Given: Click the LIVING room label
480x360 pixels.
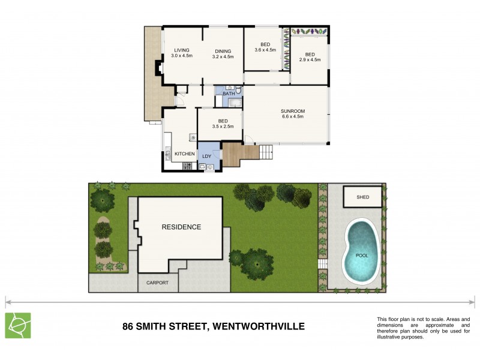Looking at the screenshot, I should pos(181,50).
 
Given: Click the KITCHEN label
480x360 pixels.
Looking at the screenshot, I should pos(184,154).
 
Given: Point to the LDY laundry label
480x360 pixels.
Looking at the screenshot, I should pos(206,157).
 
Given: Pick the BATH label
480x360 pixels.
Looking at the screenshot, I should pos(229,94).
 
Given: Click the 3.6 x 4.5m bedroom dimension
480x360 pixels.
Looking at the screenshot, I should pos(265,50).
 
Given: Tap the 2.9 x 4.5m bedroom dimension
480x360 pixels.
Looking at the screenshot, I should pos(310,60).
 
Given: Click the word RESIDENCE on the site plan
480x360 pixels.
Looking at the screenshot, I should pos(181,227).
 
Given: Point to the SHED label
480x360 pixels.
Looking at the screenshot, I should pos(362,197).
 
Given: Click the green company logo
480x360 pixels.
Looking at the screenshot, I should pos(18,325).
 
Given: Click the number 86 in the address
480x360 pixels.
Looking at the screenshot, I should pos(128,326).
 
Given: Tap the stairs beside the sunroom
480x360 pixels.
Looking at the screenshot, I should pos(266,152).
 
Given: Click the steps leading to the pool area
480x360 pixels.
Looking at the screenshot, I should pos(322,265).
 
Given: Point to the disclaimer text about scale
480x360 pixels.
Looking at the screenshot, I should pos(419,328).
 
